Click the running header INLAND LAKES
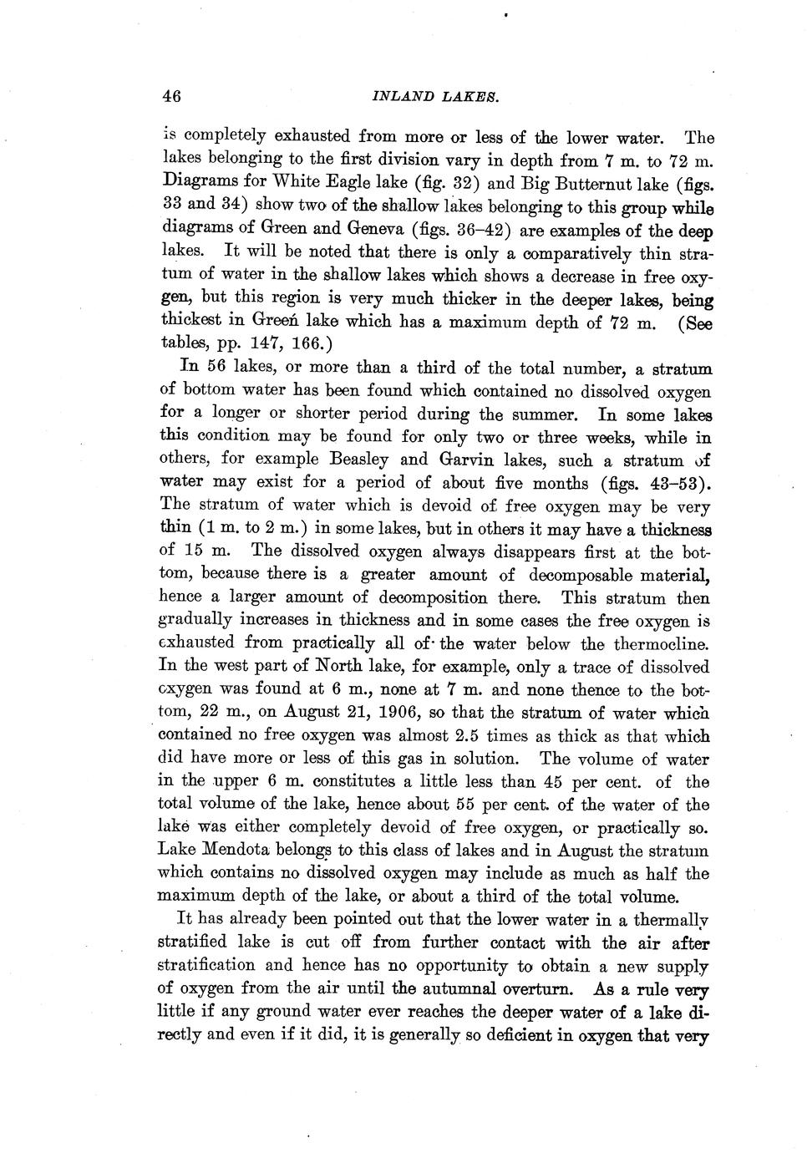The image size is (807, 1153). (x=434, y=96)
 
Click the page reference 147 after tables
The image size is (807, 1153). (x=269, y=343)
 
